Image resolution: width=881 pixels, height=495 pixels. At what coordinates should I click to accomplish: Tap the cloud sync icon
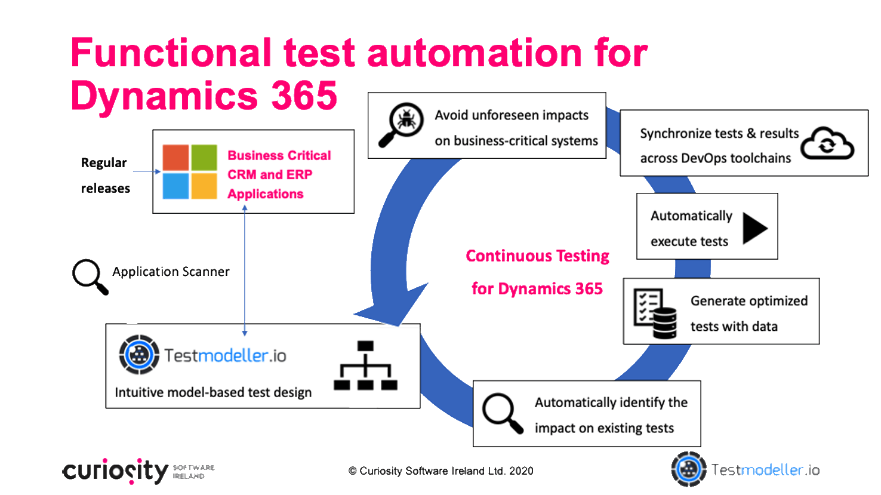click(827, 143)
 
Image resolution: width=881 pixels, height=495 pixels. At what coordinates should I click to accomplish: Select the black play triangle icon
click(754, 227)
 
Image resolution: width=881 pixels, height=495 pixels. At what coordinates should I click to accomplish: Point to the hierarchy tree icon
click(365, 365)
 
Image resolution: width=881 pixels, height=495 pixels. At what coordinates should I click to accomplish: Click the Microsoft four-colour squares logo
click(190, 171)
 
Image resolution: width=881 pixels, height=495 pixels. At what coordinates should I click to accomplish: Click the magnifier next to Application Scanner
click(90, 276)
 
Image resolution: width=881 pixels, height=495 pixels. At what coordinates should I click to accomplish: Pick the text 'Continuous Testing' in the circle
click(537, 256)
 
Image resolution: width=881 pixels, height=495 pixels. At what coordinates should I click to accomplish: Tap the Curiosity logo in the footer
click(116, 471)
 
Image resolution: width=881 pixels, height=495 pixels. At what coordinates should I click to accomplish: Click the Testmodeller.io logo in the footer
click(746, 470)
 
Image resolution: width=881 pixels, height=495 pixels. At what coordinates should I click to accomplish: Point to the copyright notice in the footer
click(440, 471)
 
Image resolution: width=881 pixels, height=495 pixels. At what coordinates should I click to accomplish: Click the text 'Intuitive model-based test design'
click(213, 392)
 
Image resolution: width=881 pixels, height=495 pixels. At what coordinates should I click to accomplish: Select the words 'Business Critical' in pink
click(279, 156)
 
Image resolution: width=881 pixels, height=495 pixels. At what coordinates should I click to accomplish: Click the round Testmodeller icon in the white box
click(139, 355)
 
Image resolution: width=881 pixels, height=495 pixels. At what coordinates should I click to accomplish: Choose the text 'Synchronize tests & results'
click(719, 134)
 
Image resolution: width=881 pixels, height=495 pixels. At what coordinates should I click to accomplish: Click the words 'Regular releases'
click(105, 175)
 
